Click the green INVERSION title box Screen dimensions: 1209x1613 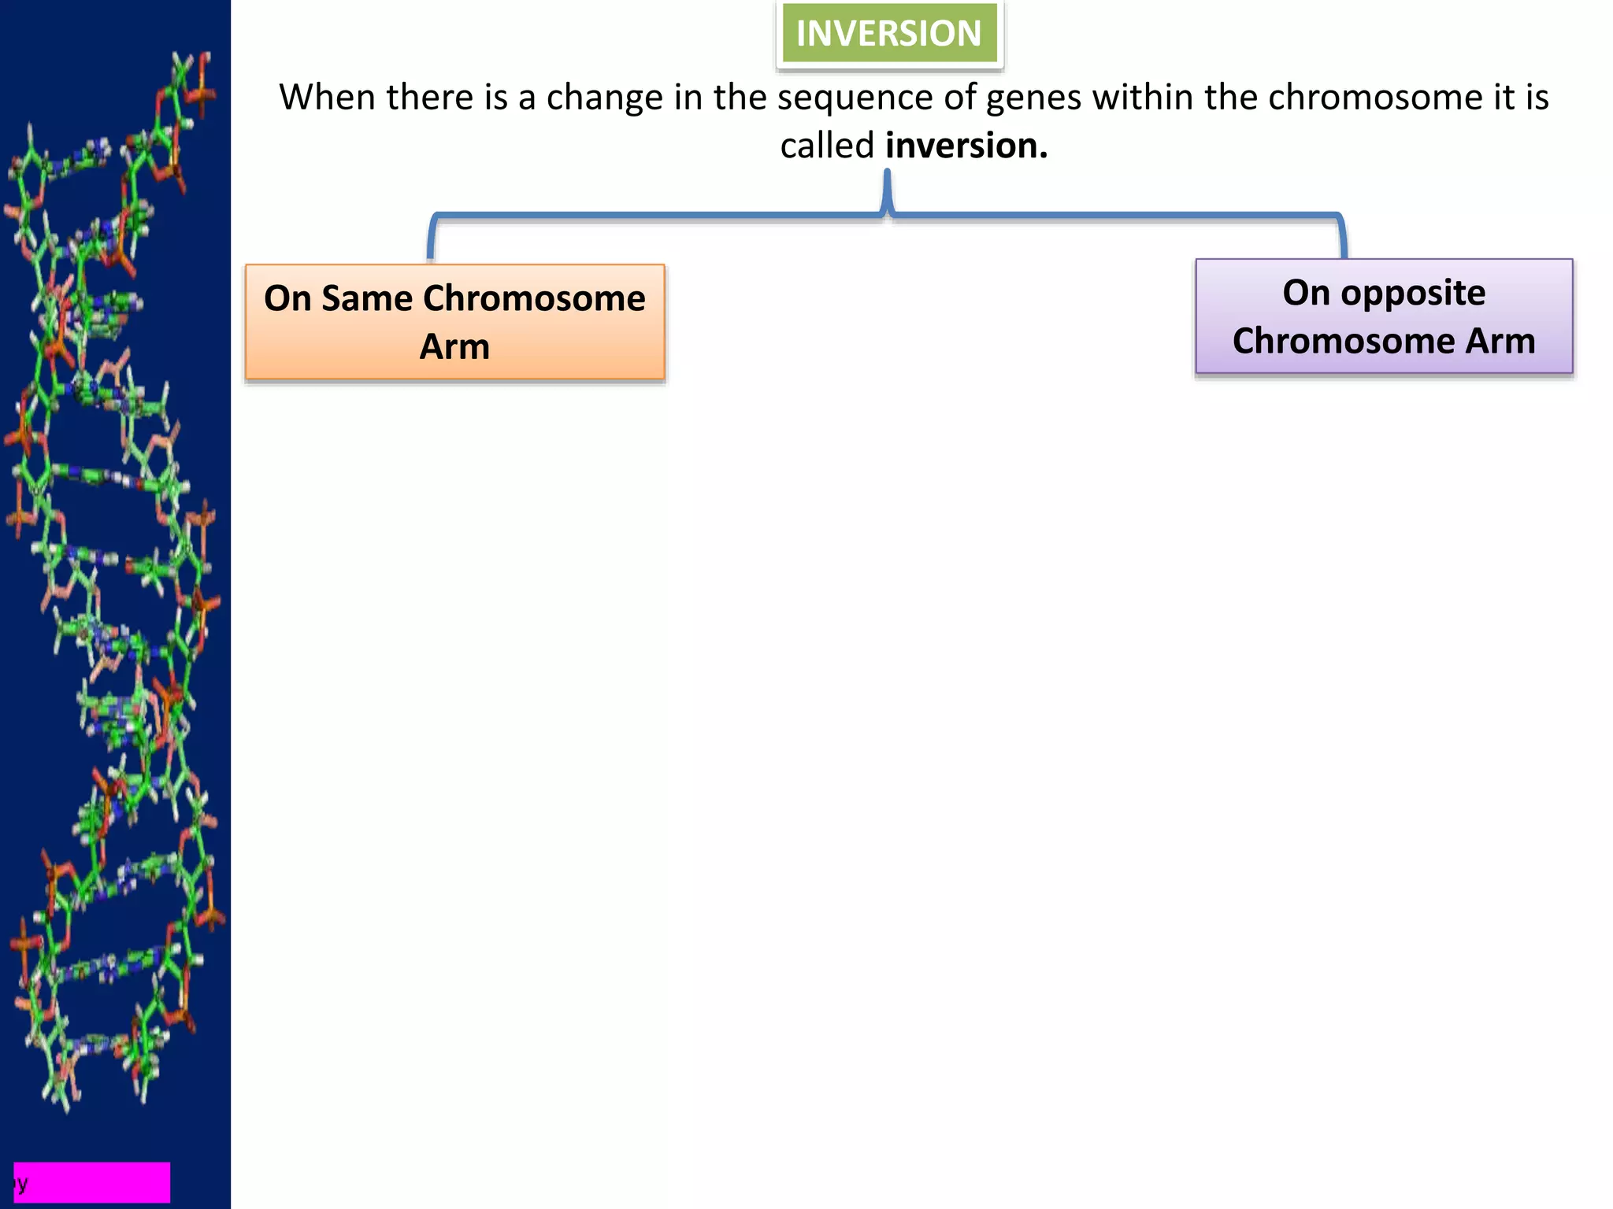(x=889, y=34)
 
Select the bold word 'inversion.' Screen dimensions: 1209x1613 (x=966, y=146)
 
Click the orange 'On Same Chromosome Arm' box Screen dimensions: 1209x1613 (x=454, y=323)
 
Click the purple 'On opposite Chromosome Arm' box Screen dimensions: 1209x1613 (x=1384, y=316)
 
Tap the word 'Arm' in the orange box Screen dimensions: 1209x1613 (x=454, y=347)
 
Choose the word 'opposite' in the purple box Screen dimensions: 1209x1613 (x=1413, y=293)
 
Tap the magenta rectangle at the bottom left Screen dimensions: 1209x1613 (x=92, y=1182)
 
